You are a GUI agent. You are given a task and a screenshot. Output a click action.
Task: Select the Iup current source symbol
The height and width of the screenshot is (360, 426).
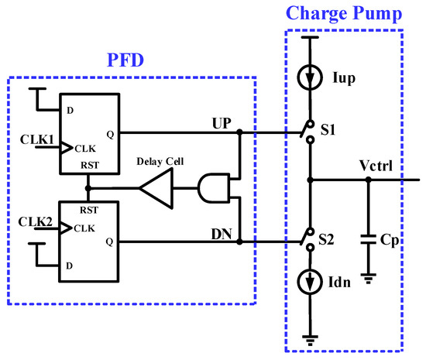click(x=310, y=78)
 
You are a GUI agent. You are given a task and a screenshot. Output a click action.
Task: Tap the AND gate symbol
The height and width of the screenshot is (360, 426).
click(x=211, y=186)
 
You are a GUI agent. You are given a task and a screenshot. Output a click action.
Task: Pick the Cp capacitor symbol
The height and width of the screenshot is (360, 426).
click(x=368, y=239)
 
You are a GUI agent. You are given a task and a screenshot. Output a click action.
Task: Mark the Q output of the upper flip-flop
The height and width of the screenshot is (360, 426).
click(x=109, y=132)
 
